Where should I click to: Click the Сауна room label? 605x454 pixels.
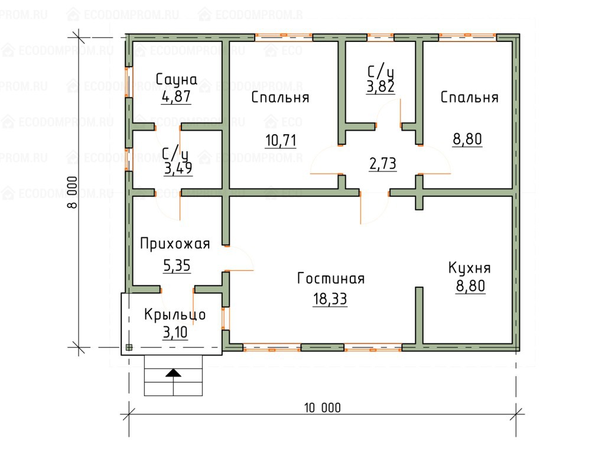coord(176,79)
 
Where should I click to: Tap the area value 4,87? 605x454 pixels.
coord(176,96)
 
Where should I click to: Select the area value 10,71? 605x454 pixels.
coord(281,140)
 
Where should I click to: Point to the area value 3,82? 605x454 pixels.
coord(381,87)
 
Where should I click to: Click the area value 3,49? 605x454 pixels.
coord(178,168)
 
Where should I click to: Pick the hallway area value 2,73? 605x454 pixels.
coord(383,164)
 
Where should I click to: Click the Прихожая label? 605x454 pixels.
coord(175,244)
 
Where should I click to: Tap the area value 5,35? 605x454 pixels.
coord(177,265)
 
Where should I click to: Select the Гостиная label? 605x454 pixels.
coord(331,278)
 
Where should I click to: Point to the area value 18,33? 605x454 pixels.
coord(330,299)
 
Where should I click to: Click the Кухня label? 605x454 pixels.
coord(470,268)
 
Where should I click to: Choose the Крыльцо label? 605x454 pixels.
coord(175,314)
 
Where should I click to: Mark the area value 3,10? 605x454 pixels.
coord(175,332)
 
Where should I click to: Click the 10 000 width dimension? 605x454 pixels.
coord(323,408)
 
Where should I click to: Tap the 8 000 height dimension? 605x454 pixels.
coord(72,193)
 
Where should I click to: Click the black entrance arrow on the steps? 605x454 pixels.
coord(173,373)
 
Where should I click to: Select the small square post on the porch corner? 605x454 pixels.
coord(129,348)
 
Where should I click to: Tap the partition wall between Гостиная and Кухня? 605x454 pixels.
coord(419,315)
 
